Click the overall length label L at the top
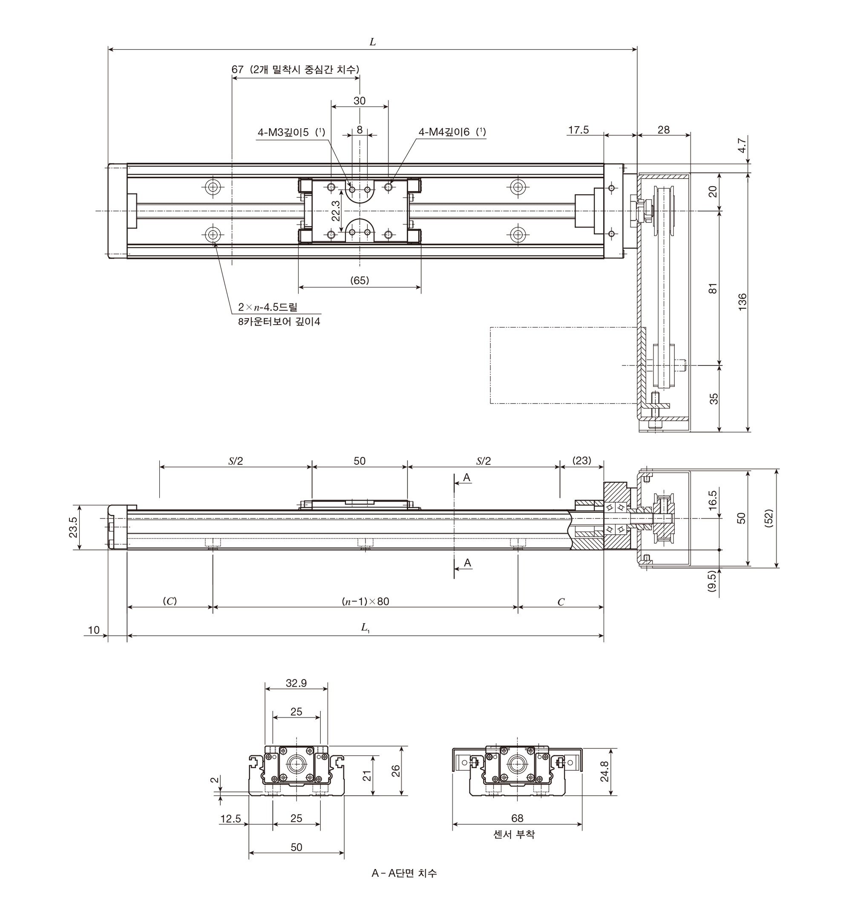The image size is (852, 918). (x=372, y=42)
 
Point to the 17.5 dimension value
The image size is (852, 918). (x=578, y=130)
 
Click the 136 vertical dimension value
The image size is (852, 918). (x=742, y=302)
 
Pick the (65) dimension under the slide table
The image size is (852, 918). (x=360, y=280)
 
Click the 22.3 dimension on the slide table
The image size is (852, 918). (x=336, y=210)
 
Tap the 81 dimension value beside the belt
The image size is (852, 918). (x=713, y=288)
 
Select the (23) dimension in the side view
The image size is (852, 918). (x=581, y=460)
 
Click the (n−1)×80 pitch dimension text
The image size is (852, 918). (x=365, y=601)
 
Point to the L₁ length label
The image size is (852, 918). (x=365, y=627)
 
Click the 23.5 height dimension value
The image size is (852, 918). (x=73, y=527)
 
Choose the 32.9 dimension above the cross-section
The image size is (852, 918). (x=296, y=683)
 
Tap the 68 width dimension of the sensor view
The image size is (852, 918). (x=517, y=818)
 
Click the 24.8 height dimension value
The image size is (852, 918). (x=605, y=771)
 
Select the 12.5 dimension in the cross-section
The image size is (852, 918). (x=230, y=818)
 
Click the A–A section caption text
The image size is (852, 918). (x=404, y=873)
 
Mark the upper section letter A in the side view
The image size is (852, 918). (x=466, y=478)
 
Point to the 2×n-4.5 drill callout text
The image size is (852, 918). (x=268, y=307)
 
